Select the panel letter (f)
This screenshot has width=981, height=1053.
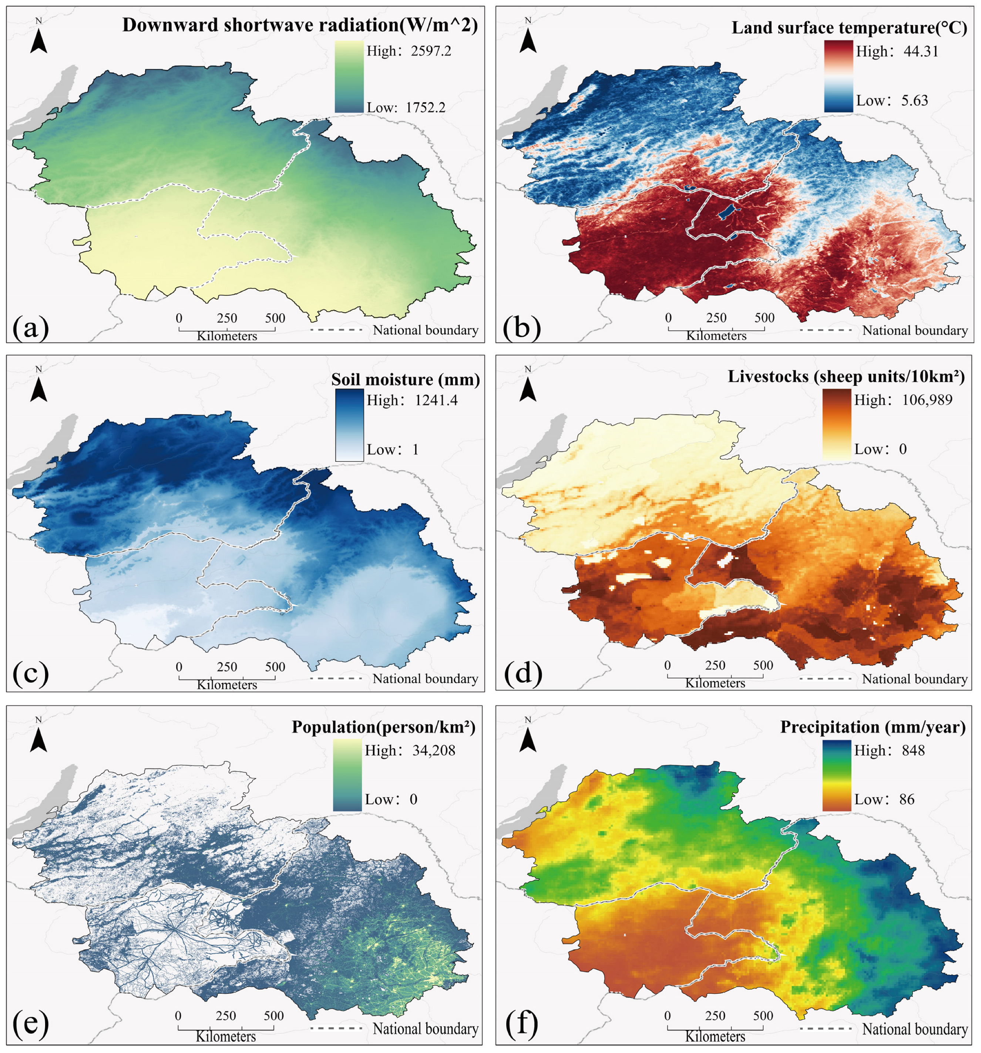pos(521,1025)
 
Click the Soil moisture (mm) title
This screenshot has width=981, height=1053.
pos(405,379)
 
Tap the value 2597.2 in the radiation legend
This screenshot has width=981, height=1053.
pos(431,51)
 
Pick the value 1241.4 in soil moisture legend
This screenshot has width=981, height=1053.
pos(436,400)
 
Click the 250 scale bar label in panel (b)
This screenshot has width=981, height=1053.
pos(716,318)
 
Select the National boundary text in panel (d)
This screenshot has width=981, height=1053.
pos(915,679)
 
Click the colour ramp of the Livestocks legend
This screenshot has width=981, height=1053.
pos(836,424)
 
